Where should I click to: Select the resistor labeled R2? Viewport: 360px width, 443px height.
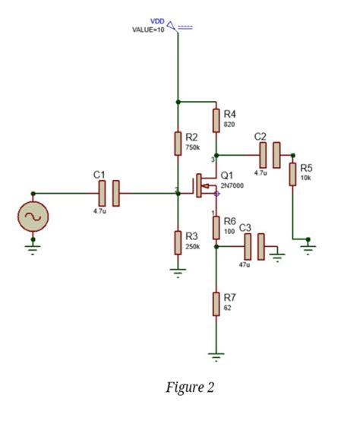pyautogui.click(x=178, y=143)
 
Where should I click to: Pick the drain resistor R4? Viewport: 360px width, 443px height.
pyautogui.click(x=216, y=119)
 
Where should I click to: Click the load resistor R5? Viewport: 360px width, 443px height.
pyautogui.click(x=292, y=173)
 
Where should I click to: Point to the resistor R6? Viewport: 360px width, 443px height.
pyautogui.click(x=216, y=226)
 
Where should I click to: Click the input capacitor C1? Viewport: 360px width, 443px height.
pyautogui.click(x=108, y=193)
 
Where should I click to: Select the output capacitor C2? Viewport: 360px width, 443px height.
pyautogui.click(x=270, y=155)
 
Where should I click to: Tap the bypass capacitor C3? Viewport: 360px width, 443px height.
pyautogui.click(x=254, y=245)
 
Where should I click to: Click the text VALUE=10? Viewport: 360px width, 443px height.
pyautogui.click(x=148, y=29)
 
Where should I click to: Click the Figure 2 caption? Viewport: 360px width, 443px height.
pyautogui.click(x=190, y=388)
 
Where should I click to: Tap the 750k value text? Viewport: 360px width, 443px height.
pyautogui.click(x=192, y=147)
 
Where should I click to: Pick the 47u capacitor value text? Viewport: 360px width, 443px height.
pyautogui.click(x=244, y=265)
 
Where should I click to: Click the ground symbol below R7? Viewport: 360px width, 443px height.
pyautogui.click(x=216, y=355)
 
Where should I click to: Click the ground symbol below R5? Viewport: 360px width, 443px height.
pyautogui.click(x=307, y=244)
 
